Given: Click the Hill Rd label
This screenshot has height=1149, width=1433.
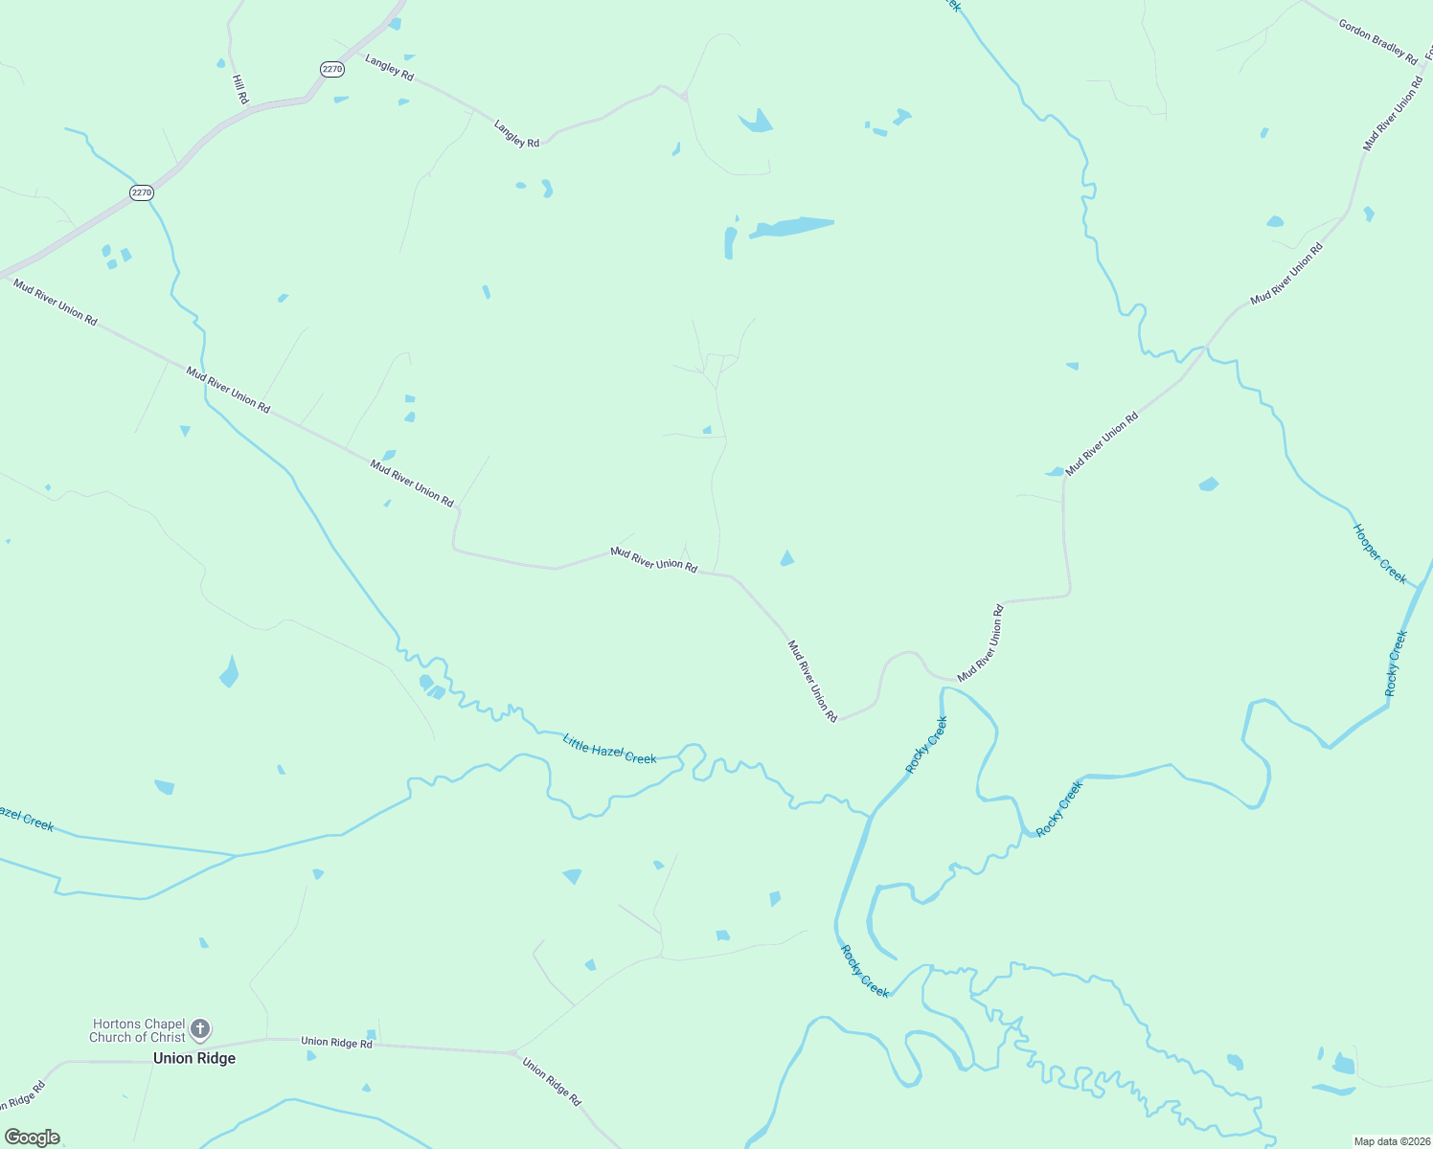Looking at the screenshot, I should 240,89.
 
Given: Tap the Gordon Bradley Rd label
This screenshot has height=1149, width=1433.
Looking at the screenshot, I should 1377,42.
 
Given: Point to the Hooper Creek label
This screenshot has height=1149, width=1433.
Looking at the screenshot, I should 1379,552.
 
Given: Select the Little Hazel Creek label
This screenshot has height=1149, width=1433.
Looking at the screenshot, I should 609,750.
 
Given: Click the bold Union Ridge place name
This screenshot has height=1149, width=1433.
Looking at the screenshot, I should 194,1058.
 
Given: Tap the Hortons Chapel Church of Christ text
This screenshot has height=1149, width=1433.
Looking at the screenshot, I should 138,1030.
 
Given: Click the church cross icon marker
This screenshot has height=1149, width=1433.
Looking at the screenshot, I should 200,1029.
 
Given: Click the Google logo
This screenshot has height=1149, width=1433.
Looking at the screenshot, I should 33,1138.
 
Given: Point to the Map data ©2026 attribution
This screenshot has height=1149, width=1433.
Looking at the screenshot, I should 1390,1141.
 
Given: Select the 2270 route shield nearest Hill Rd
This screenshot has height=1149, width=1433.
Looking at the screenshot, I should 331,69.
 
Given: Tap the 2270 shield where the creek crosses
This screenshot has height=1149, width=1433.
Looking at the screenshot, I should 142,192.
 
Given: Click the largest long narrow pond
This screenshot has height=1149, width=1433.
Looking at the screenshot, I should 791,227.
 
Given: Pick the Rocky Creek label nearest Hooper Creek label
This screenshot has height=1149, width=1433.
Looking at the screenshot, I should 1396,664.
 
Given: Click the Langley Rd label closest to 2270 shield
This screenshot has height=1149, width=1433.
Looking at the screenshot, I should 389,67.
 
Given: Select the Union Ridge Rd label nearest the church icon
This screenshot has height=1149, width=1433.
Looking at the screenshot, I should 336,1042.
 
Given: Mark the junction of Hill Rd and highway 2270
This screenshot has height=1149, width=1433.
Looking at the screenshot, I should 251,108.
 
